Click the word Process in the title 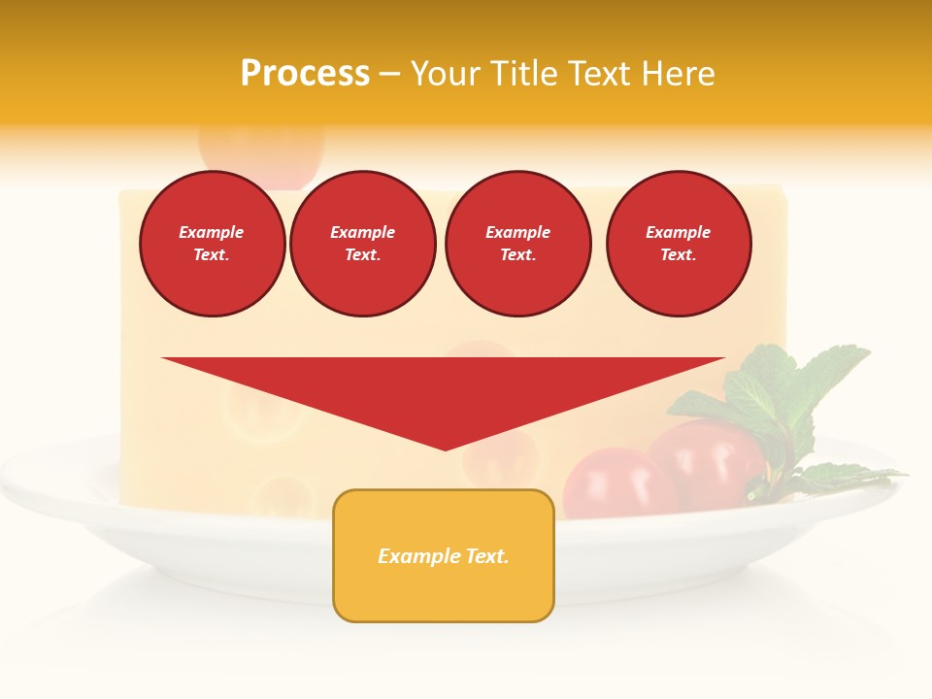click(305, 74)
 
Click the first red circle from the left click(212, 244)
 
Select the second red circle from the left click(362, 244)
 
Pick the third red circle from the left click(517, 244)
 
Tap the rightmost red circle click(678, 244)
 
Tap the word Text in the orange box click(487, 556)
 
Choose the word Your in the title click(442, 74)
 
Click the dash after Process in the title click(389, 74)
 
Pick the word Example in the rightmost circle click(678, 232)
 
